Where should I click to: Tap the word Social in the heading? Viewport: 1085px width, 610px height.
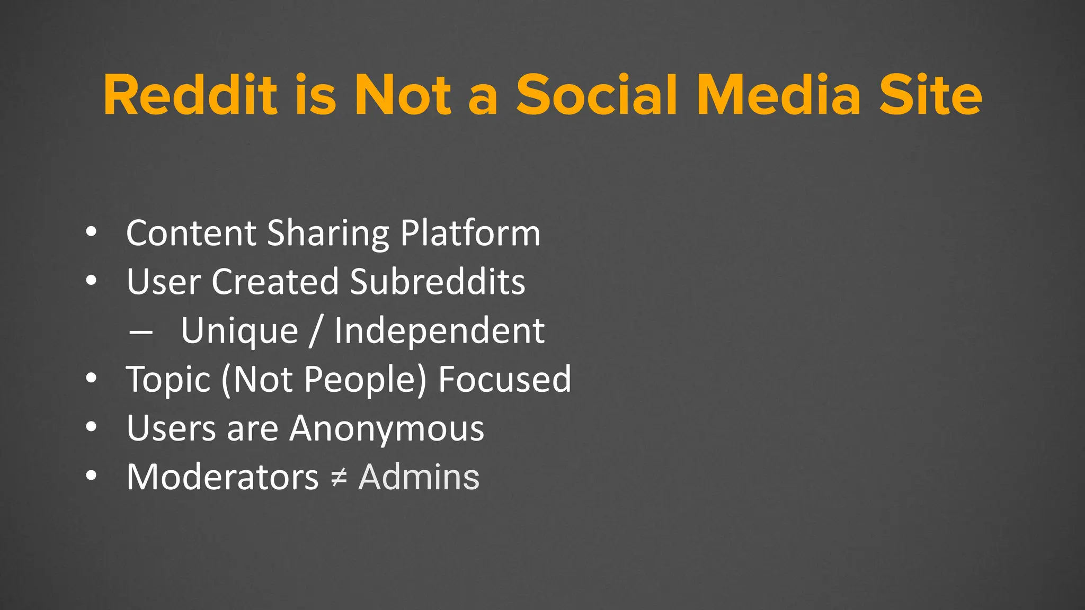pyautogui.click(x=597, y=95)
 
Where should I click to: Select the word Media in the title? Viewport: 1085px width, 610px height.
pyautogui.click(x=779, y=95)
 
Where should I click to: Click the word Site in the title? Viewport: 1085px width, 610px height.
pyautogui.click(x=931, y=95)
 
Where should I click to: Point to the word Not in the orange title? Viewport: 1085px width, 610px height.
pyautogui.click(x=403, y=95)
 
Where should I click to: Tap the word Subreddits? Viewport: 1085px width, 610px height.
pyautogui.click(x=438, y=282)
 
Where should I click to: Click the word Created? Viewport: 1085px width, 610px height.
pyautogui.click(x=275, y=282)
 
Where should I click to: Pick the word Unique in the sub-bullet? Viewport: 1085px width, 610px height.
pyautogui.click(x=239, y=331)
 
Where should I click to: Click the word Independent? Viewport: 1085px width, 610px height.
pyautogui.click(x=439, y=331)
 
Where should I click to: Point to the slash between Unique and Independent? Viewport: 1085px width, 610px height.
pyautogui.click(x=316, y=331)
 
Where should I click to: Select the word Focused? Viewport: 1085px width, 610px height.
pyautogui.click(x=505, y=380)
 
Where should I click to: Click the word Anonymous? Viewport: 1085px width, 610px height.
pyautogui.click(x=387, y=428)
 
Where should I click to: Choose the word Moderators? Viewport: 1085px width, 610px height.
pyautogui.click(x=223, y=477)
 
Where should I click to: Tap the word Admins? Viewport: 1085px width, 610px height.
pyautogui.click(x=419, y=477)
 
